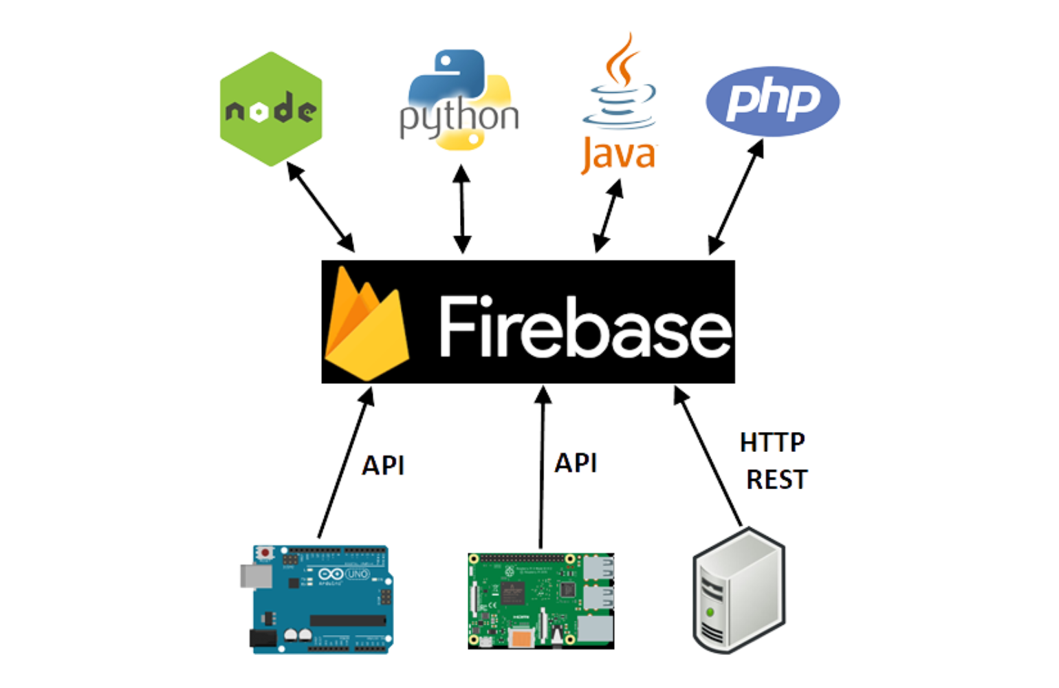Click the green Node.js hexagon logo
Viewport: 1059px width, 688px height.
click(x=271, y=109)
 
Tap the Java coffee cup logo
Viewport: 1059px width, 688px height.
click(x=620, y=103)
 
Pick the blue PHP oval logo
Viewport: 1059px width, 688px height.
click(x=772, y=101)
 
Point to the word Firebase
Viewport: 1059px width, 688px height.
click(x=585, y=326)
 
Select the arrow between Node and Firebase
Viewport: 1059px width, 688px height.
click(x=320, y=208)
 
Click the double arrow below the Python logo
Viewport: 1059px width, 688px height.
click(x=461, y=208)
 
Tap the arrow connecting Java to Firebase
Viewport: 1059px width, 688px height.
click(x=608, y=216)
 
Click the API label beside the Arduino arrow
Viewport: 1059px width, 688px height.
click(x=383, y=466)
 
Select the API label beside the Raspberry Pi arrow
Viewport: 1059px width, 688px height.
click(x=576, y=463)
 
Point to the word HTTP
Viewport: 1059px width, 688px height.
click(x=772, y=442)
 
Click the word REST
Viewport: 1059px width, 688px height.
click(x=776, y=480)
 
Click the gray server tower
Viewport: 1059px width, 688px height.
click(x=739, y=590)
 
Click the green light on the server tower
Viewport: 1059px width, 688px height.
click(x=709, y=612)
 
